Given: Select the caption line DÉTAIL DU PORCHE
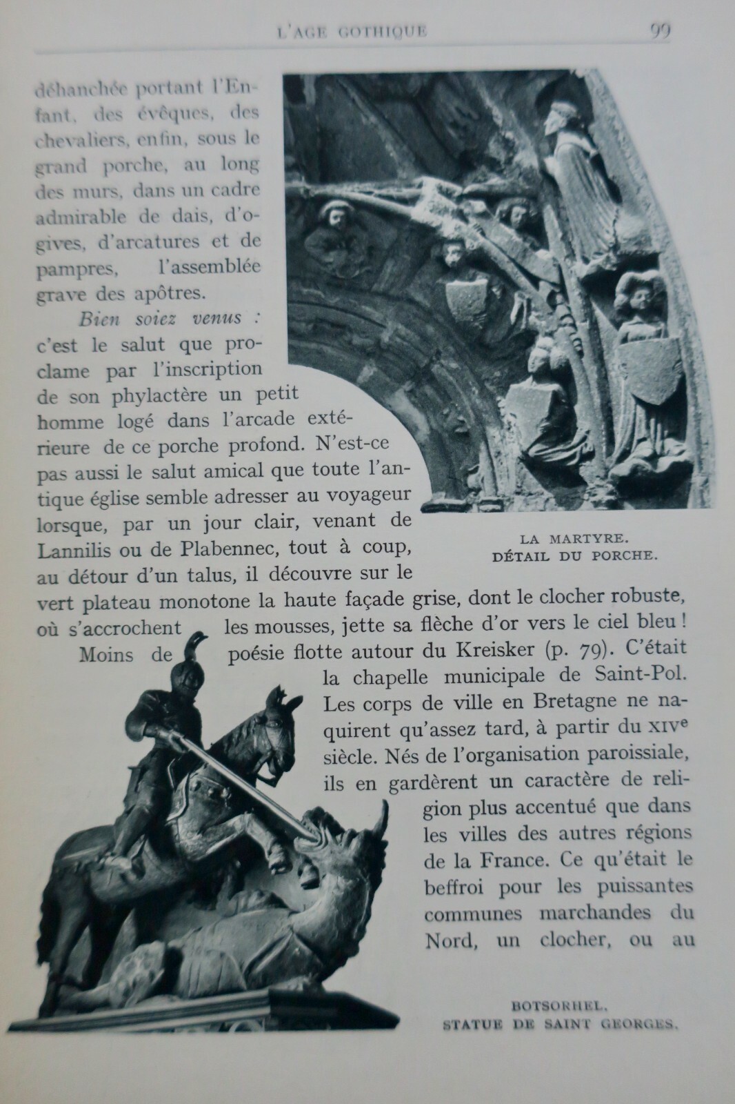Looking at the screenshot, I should coord(572,555).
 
